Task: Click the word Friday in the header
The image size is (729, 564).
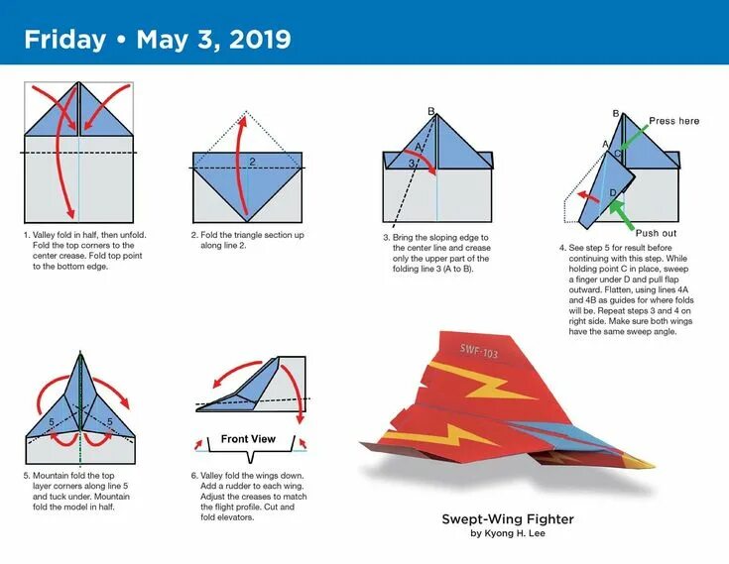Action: [64, 40]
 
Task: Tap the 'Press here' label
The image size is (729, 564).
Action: [673, 121]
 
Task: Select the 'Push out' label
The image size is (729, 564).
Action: [657, 233]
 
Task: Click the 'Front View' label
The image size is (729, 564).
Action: [248, 439]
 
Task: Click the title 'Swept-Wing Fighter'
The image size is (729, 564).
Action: [508, 518]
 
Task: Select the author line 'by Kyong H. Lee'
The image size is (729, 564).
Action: [508, 533]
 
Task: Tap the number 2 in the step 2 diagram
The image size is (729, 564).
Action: [252, 161]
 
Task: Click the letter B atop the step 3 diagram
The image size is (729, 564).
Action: [431, 111]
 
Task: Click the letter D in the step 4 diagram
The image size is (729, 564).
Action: [612, 191]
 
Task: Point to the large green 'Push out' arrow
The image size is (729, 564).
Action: [621, 212]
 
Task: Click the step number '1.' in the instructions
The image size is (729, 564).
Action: [27, 236]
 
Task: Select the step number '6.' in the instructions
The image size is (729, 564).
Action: [194, 475]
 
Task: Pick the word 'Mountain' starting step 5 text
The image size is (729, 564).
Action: [53, 475]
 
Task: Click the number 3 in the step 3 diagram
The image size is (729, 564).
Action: [412, 163]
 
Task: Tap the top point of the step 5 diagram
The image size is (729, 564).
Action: [78, 352]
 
